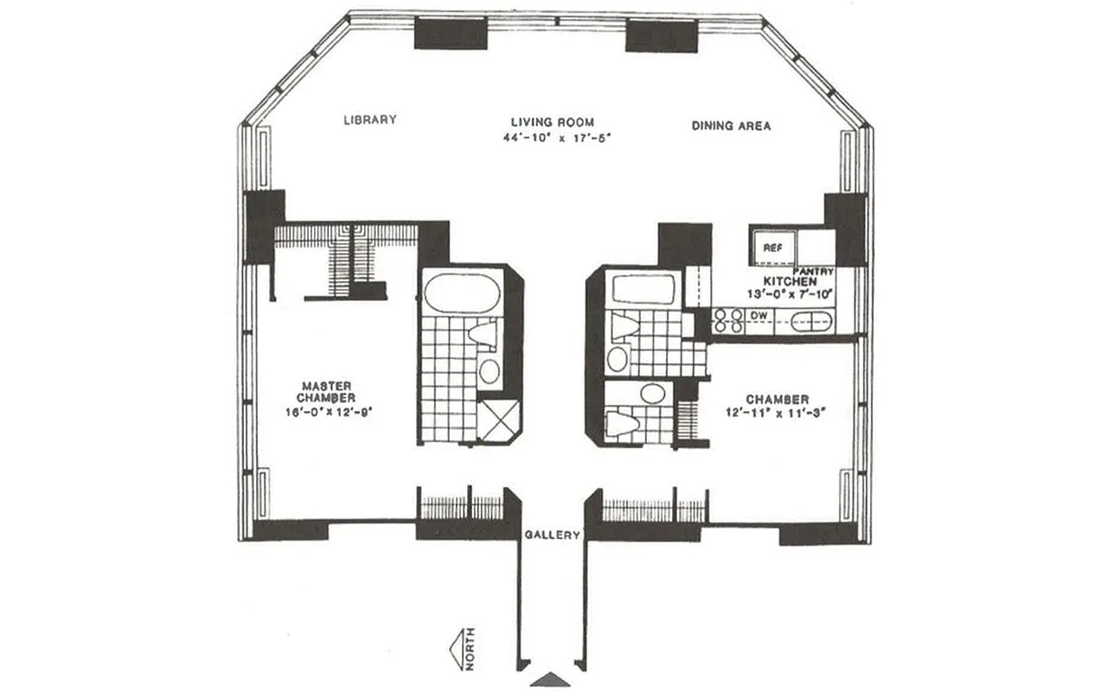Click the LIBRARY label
point(369,120)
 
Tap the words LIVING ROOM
point(553,123)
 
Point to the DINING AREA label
point(731,125)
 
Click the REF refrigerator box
point(772,247)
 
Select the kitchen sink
point(811,321)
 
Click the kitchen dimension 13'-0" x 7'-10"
point(790,294)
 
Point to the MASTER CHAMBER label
point(325,391)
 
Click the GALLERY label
point(553,535)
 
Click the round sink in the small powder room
point(652,394)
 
